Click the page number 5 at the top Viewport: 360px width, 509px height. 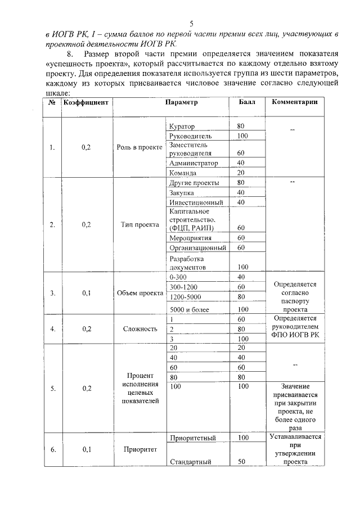(191, 23)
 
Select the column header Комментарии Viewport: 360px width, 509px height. (295, 102)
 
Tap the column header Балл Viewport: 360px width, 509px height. (246, 102)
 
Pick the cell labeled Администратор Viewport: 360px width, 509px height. (193, 163)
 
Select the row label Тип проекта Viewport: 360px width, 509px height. (139, 225)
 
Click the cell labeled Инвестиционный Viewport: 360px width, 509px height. (196, 202)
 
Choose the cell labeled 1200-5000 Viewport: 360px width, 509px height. (185, 297)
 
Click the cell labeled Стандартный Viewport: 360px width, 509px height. (190, 462)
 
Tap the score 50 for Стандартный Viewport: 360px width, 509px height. (242, 462)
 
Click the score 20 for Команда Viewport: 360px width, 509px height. (240, 173)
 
